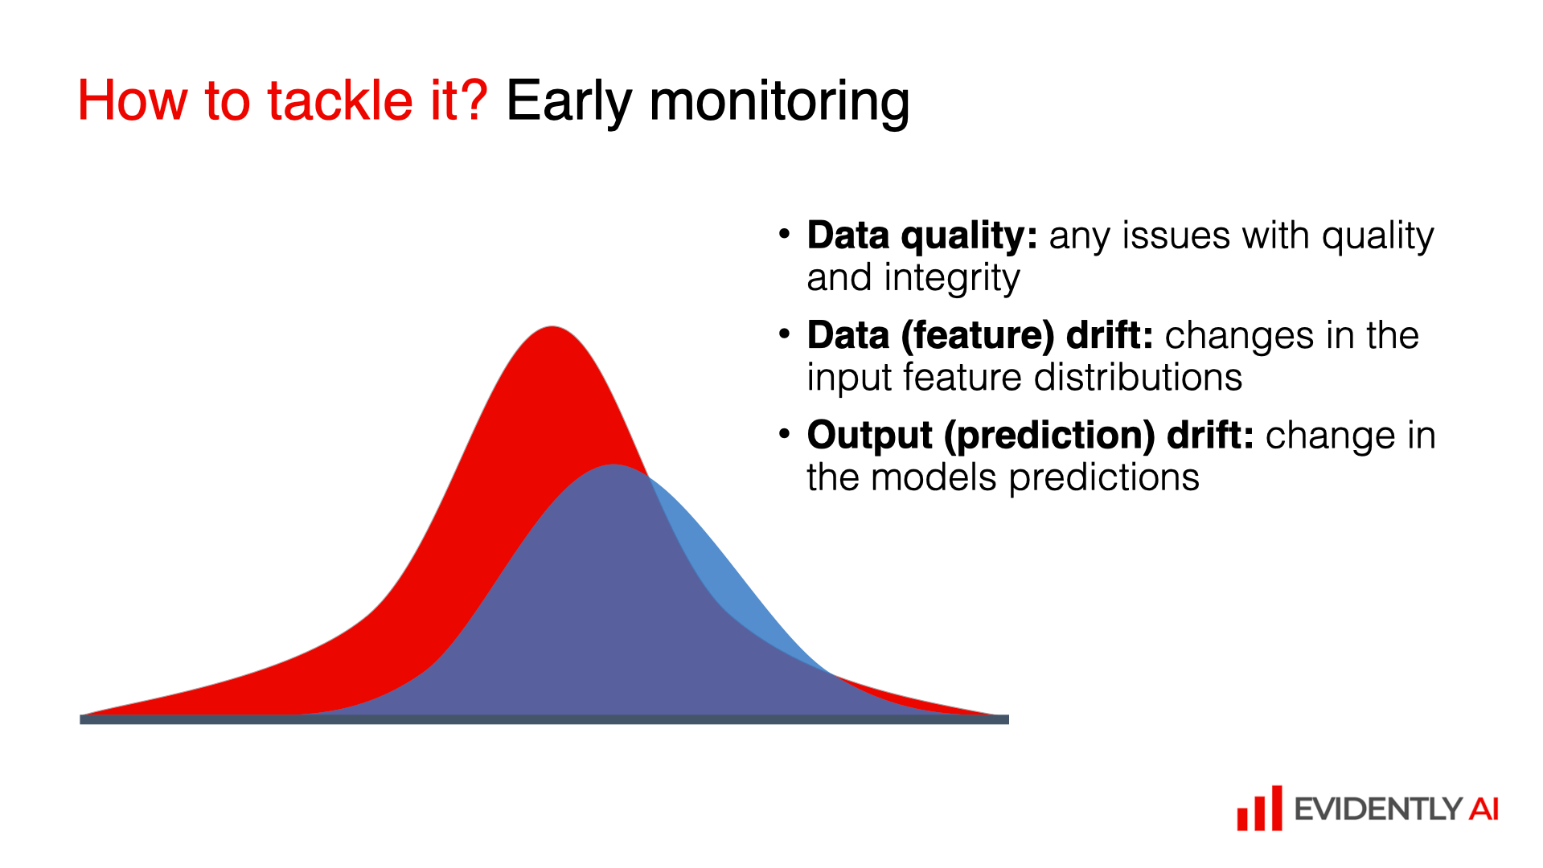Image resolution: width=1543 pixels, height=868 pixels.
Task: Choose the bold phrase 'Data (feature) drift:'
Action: [x=980, y=336]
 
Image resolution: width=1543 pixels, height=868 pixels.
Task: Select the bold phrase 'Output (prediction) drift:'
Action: [x=1031, y=436]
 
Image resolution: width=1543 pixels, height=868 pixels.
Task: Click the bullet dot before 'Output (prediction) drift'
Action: [x=785, y=434]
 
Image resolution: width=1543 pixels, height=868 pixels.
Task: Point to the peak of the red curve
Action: [x=552, y=327]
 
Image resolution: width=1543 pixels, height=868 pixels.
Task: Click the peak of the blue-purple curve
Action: [x=614, y=465]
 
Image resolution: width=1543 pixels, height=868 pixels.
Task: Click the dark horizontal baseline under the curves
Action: [x=544, y=719]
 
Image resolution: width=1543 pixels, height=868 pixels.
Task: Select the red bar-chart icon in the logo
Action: [x=1259, y=809]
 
